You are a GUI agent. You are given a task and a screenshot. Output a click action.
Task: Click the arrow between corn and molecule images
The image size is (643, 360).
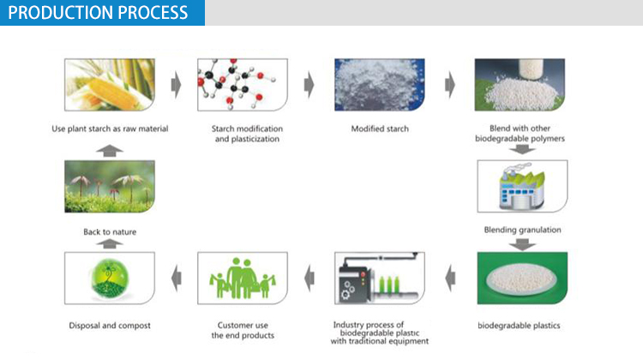[x=177, y=85]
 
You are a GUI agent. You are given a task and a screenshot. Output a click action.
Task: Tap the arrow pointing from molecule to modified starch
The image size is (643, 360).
[x=309, y=85]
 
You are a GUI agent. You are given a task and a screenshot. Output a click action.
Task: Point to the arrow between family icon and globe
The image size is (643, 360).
[x=175, y=276]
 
